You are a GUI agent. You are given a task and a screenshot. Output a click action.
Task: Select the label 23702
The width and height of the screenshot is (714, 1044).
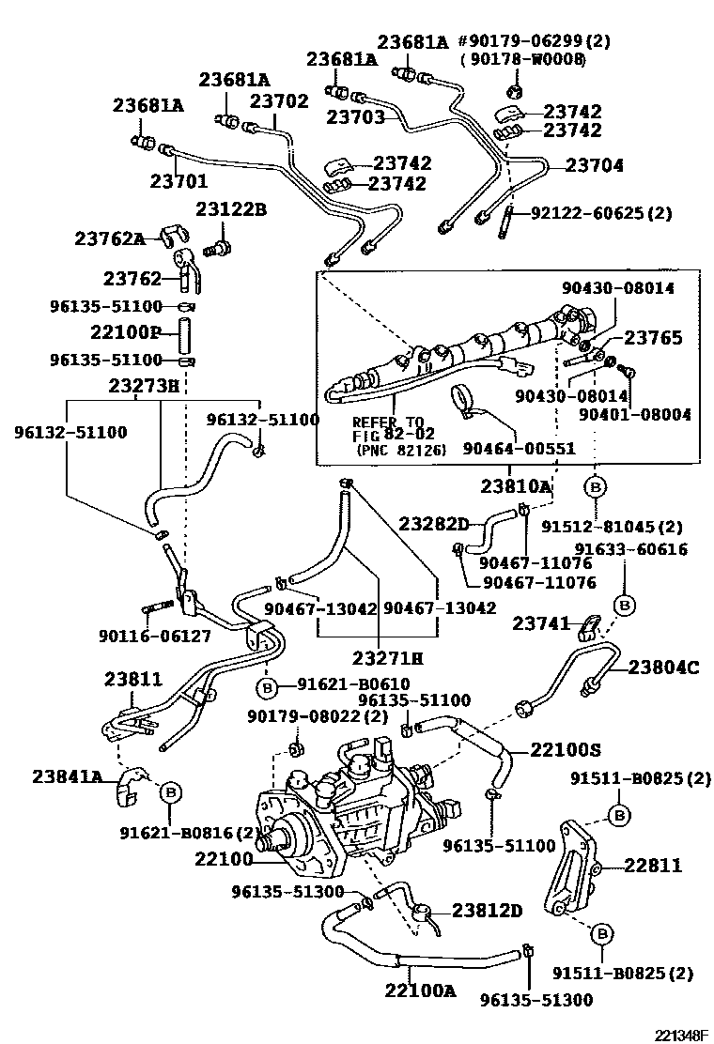[x=278, y=100]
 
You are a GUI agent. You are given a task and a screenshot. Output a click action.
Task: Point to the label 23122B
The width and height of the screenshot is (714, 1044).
[x=230, y=208]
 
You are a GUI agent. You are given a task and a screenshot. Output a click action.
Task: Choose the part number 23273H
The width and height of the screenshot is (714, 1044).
[x=142, y=386]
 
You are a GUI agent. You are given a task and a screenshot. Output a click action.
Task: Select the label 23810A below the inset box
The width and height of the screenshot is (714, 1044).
[x=516, y=486]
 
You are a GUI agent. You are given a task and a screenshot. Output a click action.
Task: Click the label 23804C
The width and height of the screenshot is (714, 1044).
[x=663, y=668]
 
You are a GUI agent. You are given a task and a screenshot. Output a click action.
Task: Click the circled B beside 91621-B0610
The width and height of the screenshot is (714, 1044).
[x=267, y=688]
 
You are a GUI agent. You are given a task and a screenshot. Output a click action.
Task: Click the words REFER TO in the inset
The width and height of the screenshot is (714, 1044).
[x=388, y=422]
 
